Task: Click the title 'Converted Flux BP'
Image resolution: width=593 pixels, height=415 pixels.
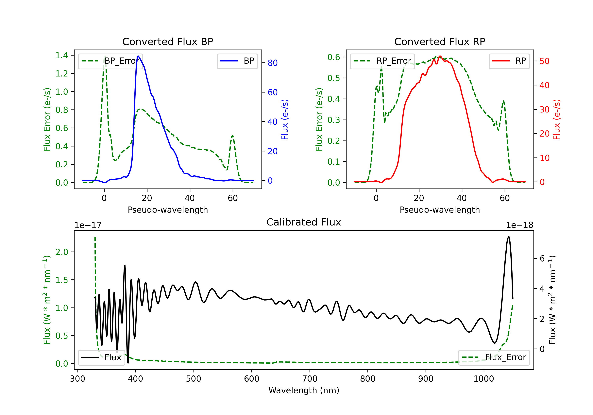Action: (168, 41)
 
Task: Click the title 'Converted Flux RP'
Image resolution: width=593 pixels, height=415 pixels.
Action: (440, 41)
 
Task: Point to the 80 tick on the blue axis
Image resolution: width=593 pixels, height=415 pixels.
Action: (272, 63)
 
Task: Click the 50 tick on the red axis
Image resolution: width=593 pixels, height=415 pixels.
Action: (544, 61)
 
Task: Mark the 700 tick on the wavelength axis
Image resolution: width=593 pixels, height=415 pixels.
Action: (310, 379)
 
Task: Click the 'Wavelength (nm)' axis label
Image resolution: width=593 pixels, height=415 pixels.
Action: (304, 390)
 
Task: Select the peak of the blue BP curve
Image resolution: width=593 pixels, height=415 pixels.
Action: (138, 56)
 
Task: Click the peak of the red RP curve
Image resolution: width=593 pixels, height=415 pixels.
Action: (440, 56)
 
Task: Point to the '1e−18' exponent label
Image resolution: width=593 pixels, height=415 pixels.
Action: (519, 225)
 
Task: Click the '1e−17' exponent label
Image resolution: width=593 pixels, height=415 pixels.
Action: (88, 225)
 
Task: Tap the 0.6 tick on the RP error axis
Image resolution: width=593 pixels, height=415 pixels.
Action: (334, 57)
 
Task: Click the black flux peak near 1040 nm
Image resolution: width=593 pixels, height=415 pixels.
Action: (509, 237)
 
